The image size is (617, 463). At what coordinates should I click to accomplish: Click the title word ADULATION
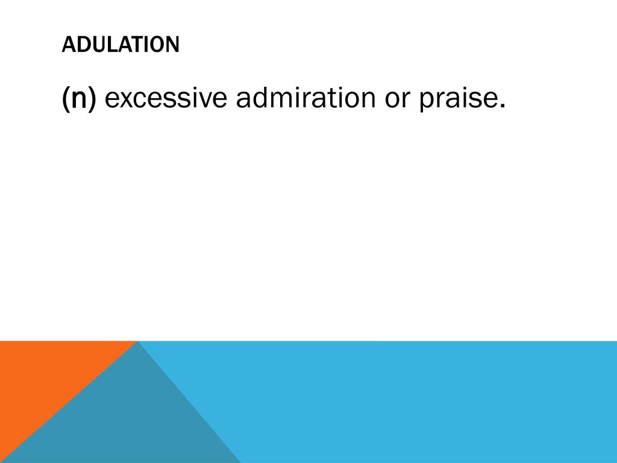point(121,45)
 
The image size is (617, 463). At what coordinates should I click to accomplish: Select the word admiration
point(305,99)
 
